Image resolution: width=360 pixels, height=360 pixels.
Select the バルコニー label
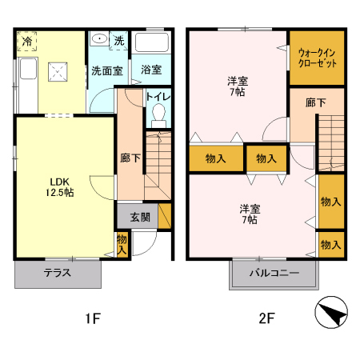click(x=273, y=273)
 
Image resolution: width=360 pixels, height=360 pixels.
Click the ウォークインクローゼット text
click(x=317, y=58)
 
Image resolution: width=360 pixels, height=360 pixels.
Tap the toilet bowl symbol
click(x=158, y=113)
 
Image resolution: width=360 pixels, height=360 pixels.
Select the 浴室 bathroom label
click(x=151, y=70)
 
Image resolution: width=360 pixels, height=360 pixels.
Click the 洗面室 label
click(x=106, y=70)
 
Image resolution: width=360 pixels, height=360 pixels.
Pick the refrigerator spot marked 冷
click(x=27, y=41)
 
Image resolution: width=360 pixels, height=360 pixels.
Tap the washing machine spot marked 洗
click(x=118, y=40)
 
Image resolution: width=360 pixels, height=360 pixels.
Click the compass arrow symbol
click(x=334, y=314)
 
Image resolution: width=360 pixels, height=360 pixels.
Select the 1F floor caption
click(x=93, y=319)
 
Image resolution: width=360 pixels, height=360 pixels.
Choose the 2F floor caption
click(x=266, y=319)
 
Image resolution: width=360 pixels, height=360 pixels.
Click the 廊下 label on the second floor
click(x=315, y=103)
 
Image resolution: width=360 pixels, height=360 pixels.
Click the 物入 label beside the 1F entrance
click(x=122, y=244)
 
